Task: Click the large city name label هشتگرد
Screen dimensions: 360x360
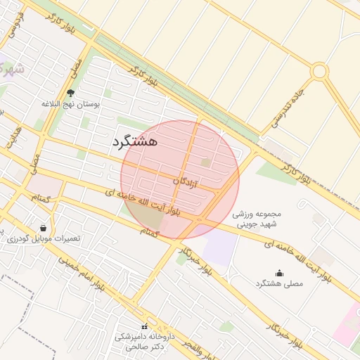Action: coord(134,141)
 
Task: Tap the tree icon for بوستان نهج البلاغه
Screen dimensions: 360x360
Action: coord(70,92)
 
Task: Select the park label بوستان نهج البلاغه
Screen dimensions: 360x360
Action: coord(71,103)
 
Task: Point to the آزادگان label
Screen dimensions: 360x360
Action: coord(186,181)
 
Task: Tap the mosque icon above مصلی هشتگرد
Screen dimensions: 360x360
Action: coord(279,273)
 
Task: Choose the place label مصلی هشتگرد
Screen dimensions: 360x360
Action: coord(280,283)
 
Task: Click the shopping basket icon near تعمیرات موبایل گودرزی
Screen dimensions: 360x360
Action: coord(44,228)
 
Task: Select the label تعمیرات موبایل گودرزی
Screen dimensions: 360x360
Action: coord(44,239)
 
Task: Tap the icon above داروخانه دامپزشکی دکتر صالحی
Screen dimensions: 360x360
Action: coord(144,326)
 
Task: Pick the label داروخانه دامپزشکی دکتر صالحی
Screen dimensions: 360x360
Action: coord(143,342)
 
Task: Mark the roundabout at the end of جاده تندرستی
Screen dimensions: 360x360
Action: coord(319,71)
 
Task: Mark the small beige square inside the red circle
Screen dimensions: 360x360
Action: coord(205,162)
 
